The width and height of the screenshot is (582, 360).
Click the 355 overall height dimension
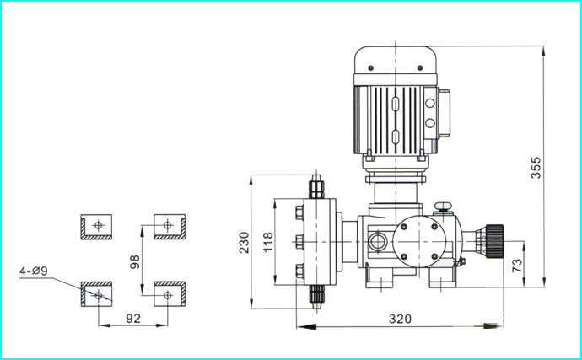point(536,168)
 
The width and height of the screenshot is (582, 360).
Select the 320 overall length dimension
point(400,319)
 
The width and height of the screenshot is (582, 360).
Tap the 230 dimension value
point(244,242)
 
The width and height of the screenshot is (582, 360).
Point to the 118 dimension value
point(268,242)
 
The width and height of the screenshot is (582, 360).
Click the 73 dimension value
point(517,266)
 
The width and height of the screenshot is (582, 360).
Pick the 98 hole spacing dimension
point(135,261)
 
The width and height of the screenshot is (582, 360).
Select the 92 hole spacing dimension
point(133,319)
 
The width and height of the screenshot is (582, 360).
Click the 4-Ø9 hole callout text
point(34,271)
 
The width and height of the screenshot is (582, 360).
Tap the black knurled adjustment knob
point(494,241)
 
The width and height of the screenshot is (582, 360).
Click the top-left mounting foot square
point(96,227)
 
